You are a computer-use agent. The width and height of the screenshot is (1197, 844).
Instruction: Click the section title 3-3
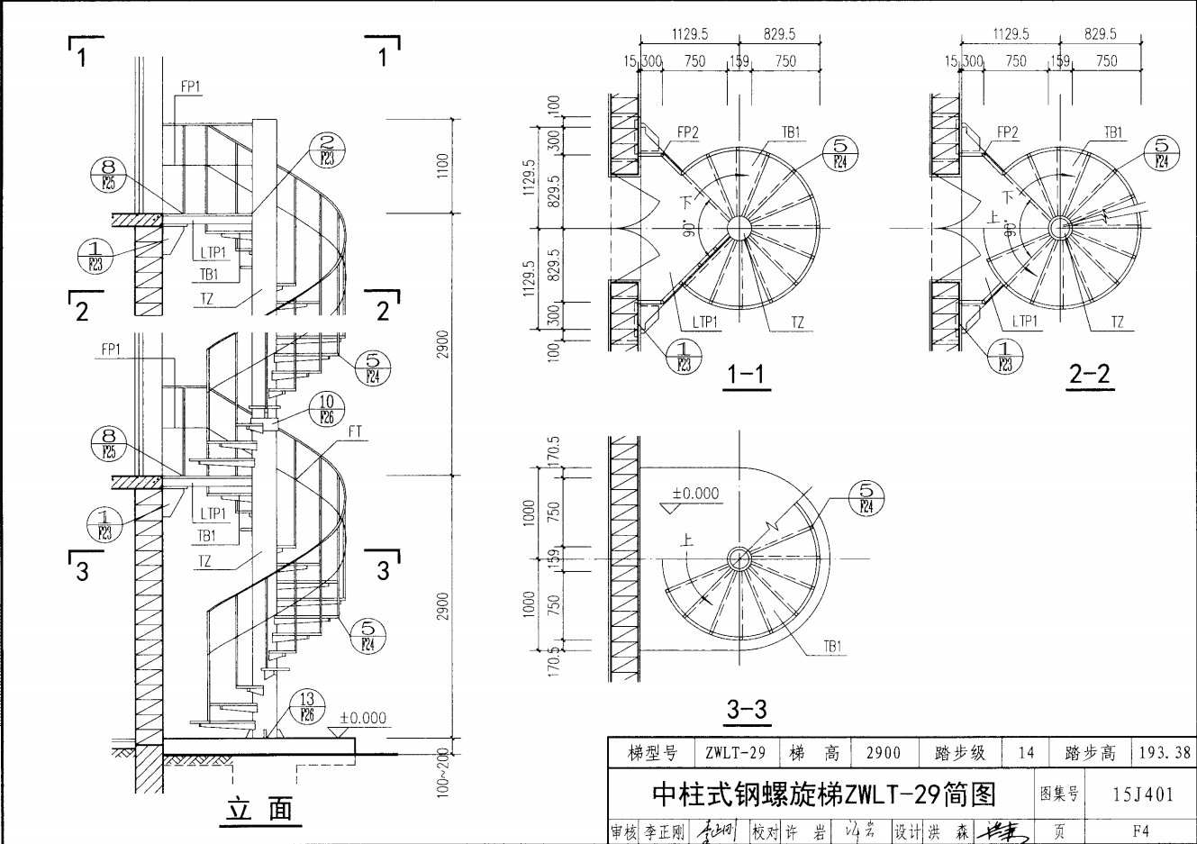click(747, 710)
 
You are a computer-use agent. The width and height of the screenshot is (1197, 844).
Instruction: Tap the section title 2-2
click(1089, 374)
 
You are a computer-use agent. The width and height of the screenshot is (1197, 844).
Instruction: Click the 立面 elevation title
click(258, 809)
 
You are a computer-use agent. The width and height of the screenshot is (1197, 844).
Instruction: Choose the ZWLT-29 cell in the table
click(735, 752)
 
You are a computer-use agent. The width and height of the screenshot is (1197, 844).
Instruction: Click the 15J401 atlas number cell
click(1142, 794)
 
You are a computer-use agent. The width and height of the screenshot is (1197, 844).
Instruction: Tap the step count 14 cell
click(1026, 752)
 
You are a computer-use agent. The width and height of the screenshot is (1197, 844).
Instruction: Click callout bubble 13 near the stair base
click(308, 708)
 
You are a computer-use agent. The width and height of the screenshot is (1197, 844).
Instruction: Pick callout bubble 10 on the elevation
click(327, 409)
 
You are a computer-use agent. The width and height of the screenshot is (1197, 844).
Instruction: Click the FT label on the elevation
click(355, 433)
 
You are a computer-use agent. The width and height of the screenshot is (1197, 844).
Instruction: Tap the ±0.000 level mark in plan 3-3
click(695, 494)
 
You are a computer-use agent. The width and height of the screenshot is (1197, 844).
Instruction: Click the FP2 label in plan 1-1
click(687, 132)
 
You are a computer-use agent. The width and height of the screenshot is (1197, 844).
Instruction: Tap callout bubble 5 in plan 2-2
click(1161, 153)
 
